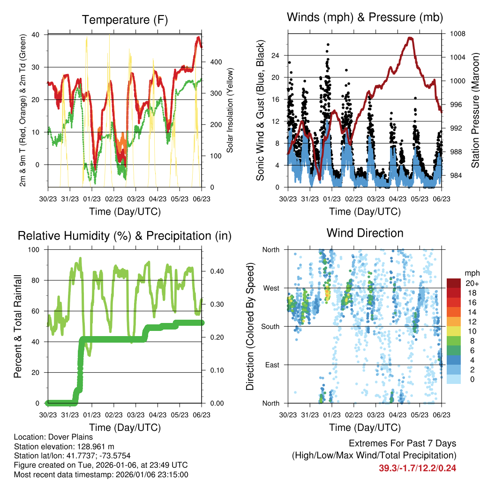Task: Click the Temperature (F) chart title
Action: click(125, 20)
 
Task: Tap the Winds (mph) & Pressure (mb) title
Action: click(365, 17)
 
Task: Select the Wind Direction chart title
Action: click(365, 233)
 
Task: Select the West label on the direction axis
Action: click(270, 288)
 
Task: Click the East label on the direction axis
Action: click(271, 365)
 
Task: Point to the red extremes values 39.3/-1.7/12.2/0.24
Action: click(417, 468)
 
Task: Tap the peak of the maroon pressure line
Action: click(411, 37)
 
